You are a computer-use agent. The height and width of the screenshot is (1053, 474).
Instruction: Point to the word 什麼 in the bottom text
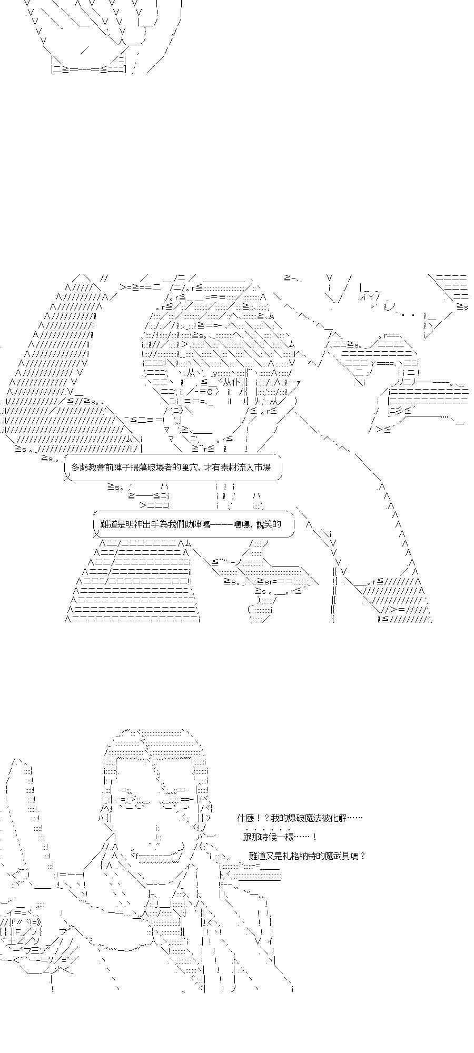pos(245,818)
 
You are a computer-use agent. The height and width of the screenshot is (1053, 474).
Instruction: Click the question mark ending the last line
pos(362,856)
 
